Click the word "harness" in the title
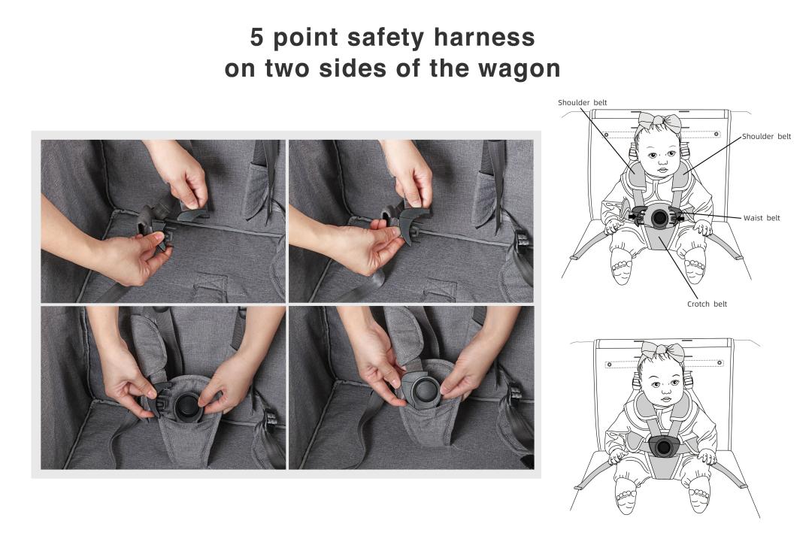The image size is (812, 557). click(x=483, y=38)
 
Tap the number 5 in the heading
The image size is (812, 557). click(x=257, y=38)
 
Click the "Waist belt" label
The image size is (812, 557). click(x=761, y=218)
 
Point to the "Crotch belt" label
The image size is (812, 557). click(x=707, y=304)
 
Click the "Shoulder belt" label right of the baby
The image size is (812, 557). click(x=766, y=136)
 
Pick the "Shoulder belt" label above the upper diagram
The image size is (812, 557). click(x=582, y=102)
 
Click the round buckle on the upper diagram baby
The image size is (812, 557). click(x=659, y=217)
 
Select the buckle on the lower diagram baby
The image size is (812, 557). click(x=662, y=447)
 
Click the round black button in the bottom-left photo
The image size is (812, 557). click(x=186, y=407)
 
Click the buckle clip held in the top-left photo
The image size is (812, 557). click(x=154, y=228)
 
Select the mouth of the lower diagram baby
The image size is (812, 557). click(x=666, y=400)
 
